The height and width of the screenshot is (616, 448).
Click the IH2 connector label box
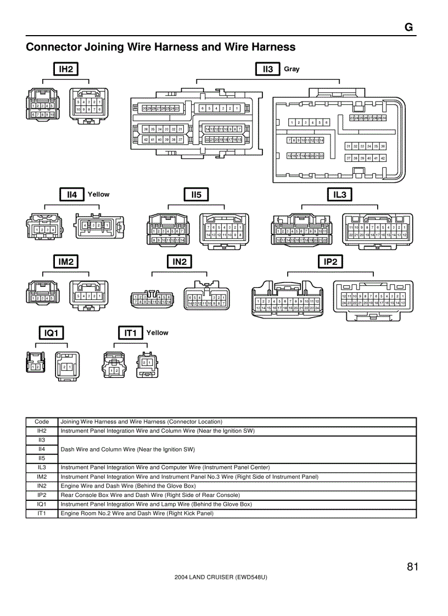click(x=66, y=69)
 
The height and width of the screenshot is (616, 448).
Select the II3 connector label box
click(x=268, y=69)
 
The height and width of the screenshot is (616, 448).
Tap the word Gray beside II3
click(x=292, y=69)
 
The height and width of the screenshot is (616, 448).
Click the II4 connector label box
click(x=72, y=194)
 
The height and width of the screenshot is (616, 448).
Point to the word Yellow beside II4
click(x=99, y=194)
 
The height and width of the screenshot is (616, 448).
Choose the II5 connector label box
click(x=196, y=194)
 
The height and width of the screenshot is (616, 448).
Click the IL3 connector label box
click(x=340, y=194)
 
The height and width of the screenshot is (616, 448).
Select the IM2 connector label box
click(x=66, y=262)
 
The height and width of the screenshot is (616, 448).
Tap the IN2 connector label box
click(x=180, y=262)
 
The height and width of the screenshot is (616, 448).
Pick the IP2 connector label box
click(x=331, y=262)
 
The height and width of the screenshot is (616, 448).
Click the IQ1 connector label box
click(x=51, y=332)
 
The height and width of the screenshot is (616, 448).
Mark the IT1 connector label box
click(x=131, y=332)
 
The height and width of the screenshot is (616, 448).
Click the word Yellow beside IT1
click(x=158, y=332)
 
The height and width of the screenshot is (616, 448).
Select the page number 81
click(x=413, y=567)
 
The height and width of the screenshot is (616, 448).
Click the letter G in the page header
click(x=408, y=28)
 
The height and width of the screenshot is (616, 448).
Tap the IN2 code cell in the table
click(x=42, y=486)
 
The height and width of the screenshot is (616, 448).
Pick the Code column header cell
click(x=42, y=422)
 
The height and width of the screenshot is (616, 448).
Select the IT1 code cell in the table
click(x=42, y=513)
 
